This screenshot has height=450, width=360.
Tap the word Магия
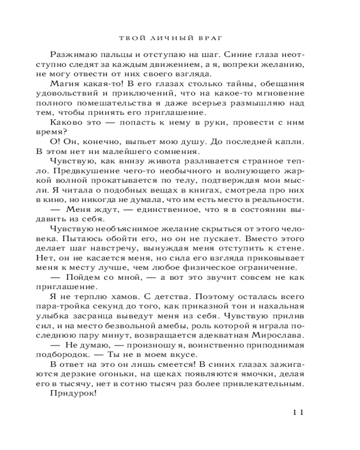pyautogui.click(x=67, y=84)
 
